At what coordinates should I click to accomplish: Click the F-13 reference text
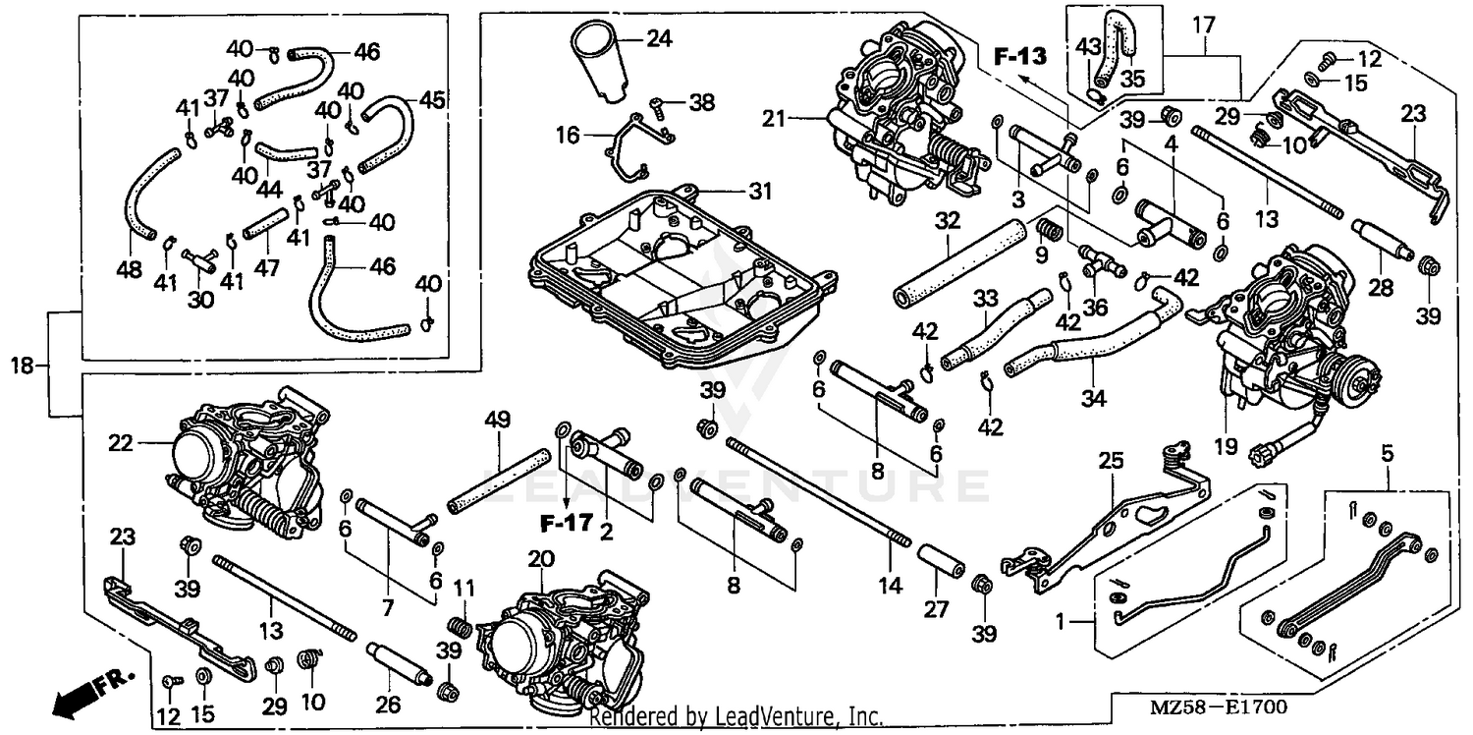point(1018,56)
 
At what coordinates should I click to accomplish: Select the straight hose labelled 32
point(954,263)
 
